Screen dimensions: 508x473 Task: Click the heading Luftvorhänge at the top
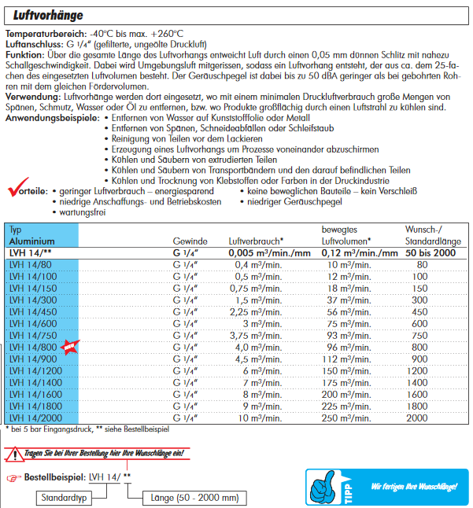50,13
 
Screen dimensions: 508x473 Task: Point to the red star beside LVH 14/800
70,347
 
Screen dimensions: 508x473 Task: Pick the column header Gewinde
190,241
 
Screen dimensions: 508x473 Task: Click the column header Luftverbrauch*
256,241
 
